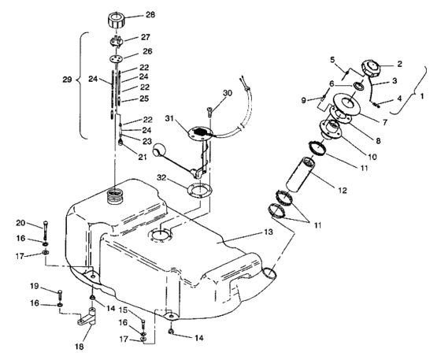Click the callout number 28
[150, 15]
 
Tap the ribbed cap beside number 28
[116, 20]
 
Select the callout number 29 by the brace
[67, 80]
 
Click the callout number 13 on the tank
[269, 232]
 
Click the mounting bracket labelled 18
[87, 317]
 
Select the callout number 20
[20, 223]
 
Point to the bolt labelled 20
[46, 230]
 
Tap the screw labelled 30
[210, 112]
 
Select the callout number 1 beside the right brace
[421, 96]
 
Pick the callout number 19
[35, 286]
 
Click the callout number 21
[143, 157]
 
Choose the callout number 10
[372, 157]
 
